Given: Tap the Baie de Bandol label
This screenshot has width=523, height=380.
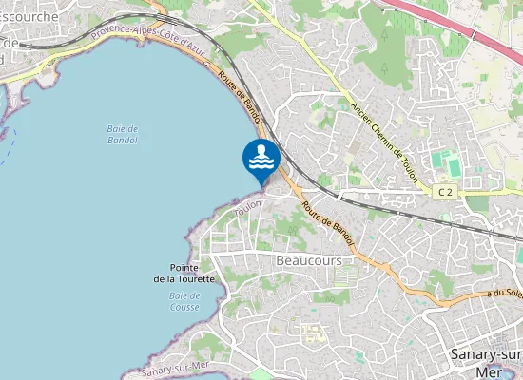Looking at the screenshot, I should (124, 134).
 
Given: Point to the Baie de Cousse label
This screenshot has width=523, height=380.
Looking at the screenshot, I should (184, 301).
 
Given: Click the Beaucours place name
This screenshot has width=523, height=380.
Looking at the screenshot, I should (308, 259).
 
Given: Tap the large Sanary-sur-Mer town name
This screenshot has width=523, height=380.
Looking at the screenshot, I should (484, 362).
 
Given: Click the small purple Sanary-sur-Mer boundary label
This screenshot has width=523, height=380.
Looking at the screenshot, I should (173, 368).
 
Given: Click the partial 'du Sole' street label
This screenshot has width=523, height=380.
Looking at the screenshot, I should (503, 294).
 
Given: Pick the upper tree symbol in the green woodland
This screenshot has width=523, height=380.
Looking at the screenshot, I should (384, 33).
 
